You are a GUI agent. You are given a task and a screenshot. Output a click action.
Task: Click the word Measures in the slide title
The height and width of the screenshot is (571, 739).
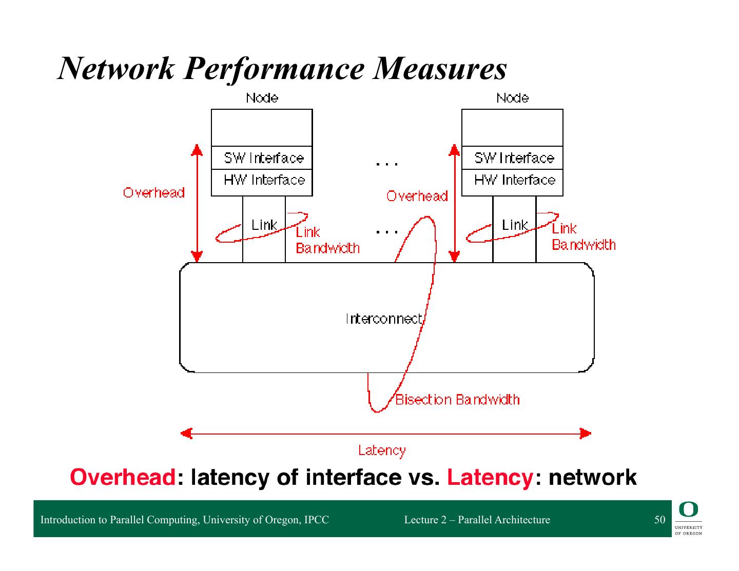pos(440,69)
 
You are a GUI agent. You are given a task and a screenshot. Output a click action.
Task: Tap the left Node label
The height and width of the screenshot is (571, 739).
pos(262,98)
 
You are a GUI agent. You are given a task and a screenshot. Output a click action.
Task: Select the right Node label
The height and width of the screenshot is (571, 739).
pos(512,98)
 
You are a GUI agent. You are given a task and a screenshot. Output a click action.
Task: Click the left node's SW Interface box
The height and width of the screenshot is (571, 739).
pos(262,158)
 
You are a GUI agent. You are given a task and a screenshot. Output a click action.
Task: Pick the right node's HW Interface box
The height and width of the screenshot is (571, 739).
pos(513,180)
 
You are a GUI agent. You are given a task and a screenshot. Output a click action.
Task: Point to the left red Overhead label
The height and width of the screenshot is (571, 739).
pos(153,193)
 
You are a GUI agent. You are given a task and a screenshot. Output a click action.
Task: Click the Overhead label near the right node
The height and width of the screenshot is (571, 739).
pos(417,196)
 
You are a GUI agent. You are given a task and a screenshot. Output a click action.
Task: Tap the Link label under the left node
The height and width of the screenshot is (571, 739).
pos(264,225)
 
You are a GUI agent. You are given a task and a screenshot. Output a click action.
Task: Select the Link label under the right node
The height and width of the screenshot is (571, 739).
pos(515,225)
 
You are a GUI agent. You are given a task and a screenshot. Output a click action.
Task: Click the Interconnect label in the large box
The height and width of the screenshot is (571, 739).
pos(384,319)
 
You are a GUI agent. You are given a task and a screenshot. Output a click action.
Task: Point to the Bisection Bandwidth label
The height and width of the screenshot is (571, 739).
pos(457,400)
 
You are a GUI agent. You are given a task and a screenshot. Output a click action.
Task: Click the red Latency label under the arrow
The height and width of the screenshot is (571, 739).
pos(382,450)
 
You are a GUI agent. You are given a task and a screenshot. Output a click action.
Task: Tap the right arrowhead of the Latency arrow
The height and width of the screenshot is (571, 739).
pos(586,434)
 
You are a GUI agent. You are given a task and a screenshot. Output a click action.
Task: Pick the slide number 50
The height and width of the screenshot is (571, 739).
pos(659,520)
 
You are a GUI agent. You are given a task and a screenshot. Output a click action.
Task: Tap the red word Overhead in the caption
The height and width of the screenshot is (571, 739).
pos(123,477)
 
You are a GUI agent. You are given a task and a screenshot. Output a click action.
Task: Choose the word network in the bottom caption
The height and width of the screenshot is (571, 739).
pos(593,477)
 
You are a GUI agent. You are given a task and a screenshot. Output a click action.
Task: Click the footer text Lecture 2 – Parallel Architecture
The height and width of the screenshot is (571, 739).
pos(477,520)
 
